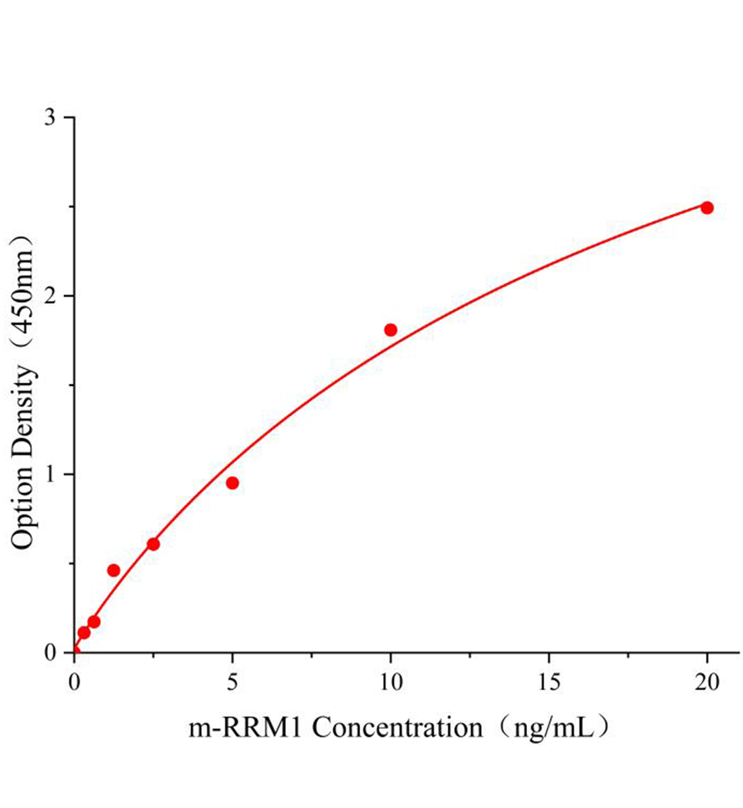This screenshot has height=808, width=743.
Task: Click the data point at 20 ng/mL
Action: pyautogui.click(x=707, y=207)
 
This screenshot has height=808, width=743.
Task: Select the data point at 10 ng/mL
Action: pyautogui.click(x=390, y=329)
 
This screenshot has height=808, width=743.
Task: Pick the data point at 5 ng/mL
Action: pyautogui.click(x=232, y=483)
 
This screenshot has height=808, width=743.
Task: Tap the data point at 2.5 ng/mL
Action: pyautogui.click(x=153, y=544)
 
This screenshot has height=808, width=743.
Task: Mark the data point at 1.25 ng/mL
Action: pyautogui.click(x=114, y=570)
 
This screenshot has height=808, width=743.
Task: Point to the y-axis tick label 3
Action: pyautogui.click(x=50, y=118)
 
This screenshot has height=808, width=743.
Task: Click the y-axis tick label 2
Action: pyautogui.click(x=50, y=296)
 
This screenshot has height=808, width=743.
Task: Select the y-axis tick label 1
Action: pyautogui.click(x=50, y=475)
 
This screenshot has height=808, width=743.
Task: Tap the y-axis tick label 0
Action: pyautogui.click(x=50, y=653)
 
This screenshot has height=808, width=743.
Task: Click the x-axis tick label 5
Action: pyautogui.click(x=232, y=682)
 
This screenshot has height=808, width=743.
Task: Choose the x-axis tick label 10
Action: pyautogui.click(x=390, y=682)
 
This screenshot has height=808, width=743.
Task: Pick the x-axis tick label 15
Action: pyautogui.click(x=549, y=682)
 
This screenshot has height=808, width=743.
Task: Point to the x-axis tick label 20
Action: pyautogui.click(x=707, y=682)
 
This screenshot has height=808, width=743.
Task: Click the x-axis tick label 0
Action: pyautogui.click(x=74, y=682)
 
